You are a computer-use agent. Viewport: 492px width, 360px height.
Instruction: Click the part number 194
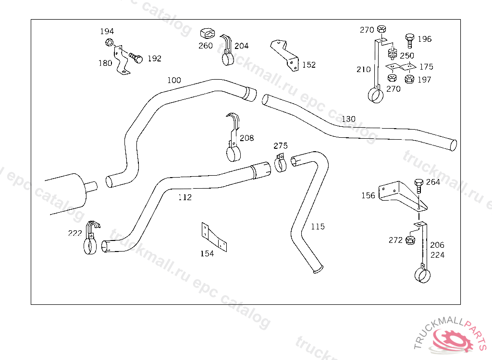click(107, 32)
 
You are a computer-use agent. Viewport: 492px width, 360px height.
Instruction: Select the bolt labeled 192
click(135, 58)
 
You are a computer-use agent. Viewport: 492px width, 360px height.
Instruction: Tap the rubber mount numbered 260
click(206, 35)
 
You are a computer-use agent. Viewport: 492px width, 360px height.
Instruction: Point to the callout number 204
click(242, 46)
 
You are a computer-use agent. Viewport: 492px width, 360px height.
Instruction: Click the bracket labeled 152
click(285, 55)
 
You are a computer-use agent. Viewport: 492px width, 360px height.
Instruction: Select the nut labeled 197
click(409, 79)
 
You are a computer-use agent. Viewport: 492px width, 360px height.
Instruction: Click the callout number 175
click(426, 67)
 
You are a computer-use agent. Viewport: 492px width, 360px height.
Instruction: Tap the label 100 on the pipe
click(174, 80)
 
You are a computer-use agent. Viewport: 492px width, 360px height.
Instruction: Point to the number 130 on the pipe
click(349, 119)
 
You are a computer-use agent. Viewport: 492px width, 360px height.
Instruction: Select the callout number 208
click(246, 138)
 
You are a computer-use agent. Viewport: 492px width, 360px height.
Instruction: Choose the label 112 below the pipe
click(184, 197)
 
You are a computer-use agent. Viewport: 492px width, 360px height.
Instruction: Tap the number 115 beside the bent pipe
click(317, 227)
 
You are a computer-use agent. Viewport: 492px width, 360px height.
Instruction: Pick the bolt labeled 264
click(418, 184)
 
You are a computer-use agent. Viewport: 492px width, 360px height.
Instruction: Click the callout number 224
click(437, 255)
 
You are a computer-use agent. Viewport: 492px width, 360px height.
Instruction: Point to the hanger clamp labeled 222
click(91, 239)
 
